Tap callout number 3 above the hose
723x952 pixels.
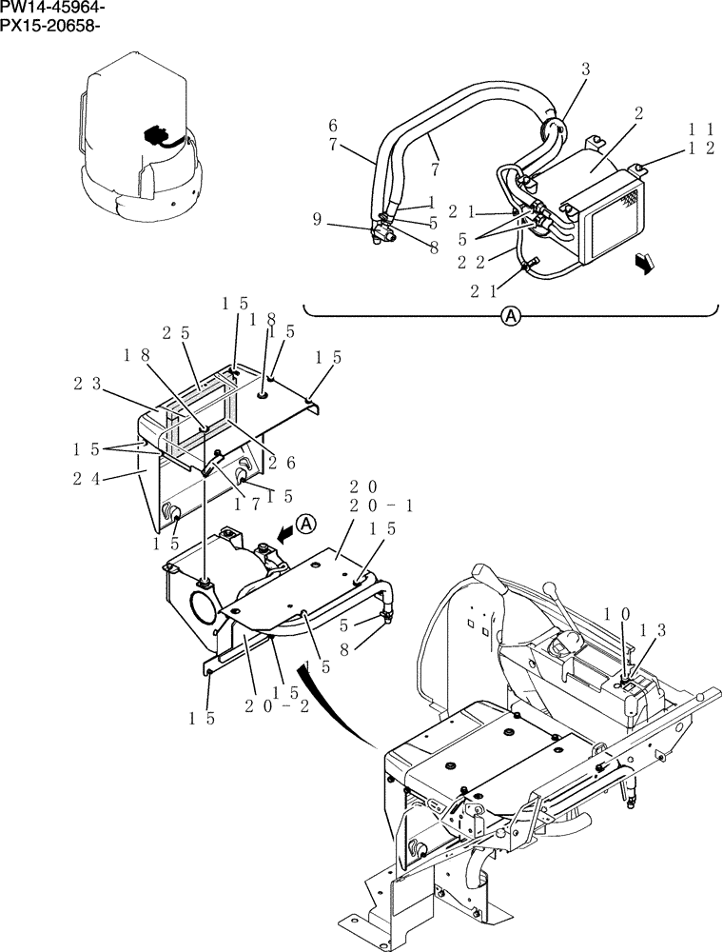coord(586,69)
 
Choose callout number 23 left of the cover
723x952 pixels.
coord(88,384)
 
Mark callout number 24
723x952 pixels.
coord(87,479)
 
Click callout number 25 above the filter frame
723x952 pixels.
coord(175,333)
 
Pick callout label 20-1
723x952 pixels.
coord(381,506)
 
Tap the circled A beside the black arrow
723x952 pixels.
coord(304,523)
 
